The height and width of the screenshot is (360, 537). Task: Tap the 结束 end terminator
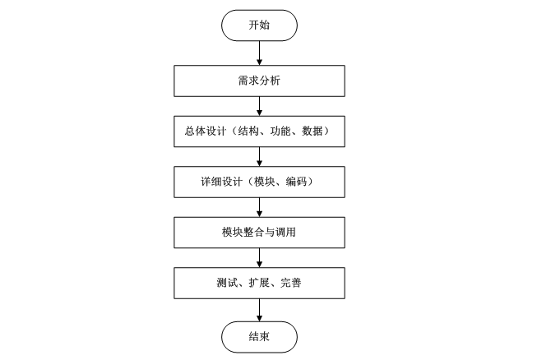click(x=259, y=336)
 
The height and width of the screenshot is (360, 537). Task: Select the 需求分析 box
click(x=259, y=81)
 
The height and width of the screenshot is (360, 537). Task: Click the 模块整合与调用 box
click(x=259, y=233)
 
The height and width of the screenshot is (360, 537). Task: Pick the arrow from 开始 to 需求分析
click(x=259, y=52)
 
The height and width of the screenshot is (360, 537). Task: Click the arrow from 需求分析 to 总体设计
click(x=259, y=105)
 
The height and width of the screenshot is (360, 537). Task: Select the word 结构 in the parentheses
click(x=248, y=132)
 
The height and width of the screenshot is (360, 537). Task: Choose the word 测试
click(x=216, y=284)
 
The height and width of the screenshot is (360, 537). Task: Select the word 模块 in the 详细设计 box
click(x=264, y=182)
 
